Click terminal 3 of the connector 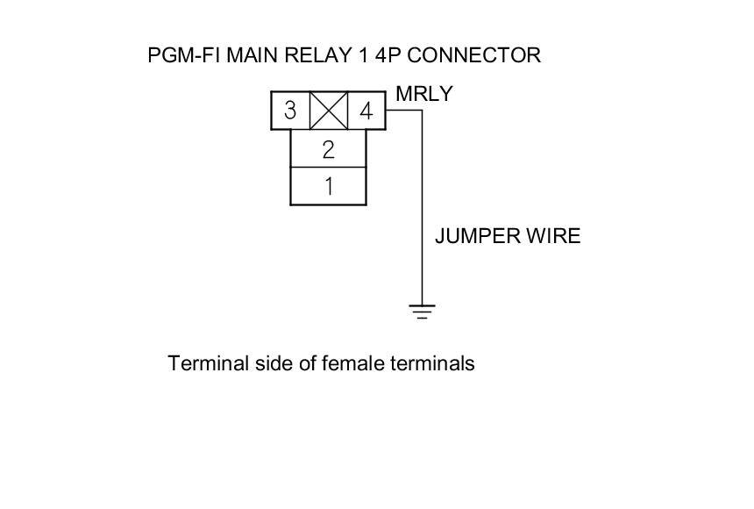click(290, 112)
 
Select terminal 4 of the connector click(366, 112)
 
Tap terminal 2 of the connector click(328, 149)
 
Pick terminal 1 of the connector click(328, 186)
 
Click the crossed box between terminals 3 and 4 click(329, 111)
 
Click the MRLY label click(424, 94)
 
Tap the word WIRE click(553, 236)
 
